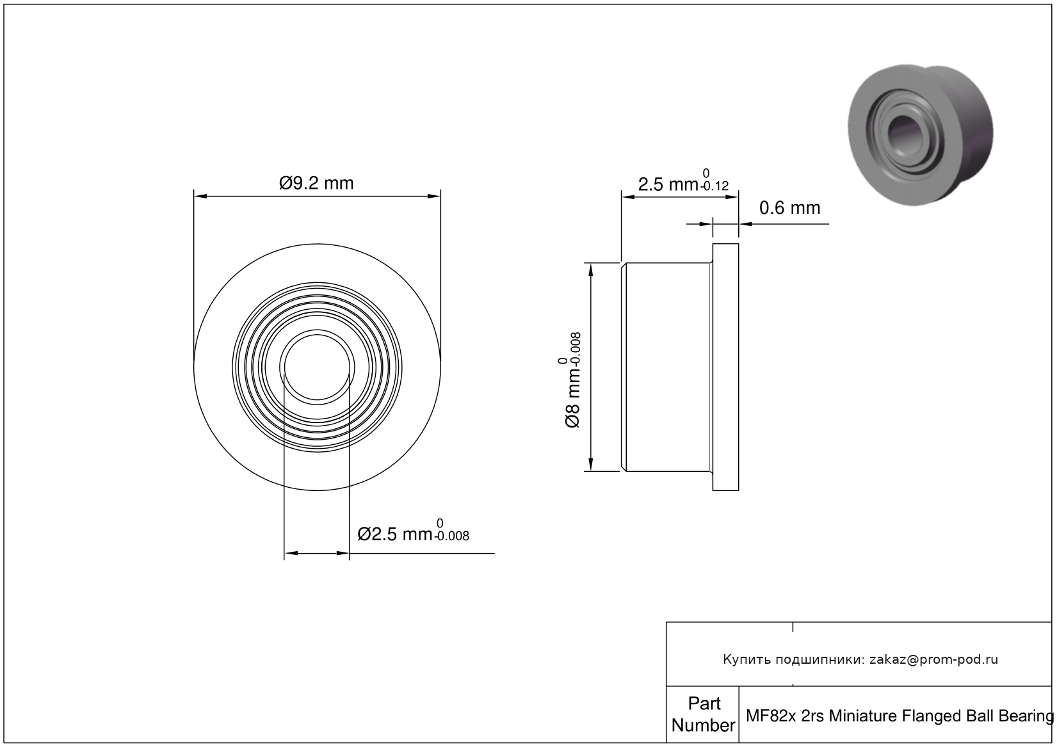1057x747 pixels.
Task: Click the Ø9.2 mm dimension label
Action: click(316, 183)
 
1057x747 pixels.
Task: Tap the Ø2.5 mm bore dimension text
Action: click(395, 534)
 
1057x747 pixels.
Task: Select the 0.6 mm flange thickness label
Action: click(789, 207)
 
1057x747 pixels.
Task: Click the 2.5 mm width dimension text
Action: click(668, 184)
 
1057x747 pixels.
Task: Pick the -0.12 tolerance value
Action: click(714, 186)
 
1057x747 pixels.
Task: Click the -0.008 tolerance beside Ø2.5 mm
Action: click(452, 536)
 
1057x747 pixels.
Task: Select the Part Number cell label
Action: click(704, 714)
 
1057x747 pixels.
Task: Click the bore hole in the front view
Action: click(317, 367)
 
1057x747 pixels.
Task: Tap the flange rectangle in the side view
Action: click(725, 367)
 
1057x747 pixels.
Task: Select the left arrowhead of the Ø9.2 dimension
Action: click(200, 197)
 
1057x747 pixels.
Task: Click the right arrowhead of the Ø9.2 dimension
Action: click(434, 197)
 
